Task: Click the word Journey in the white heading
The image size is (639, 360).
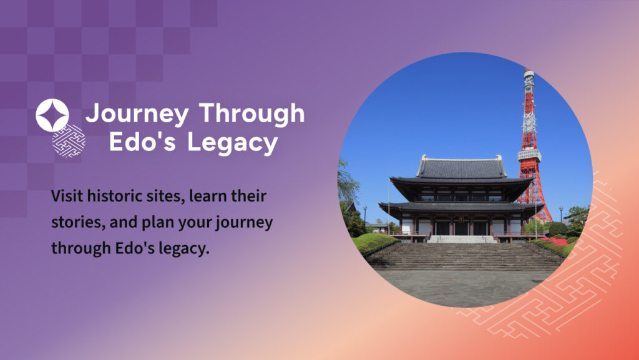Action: (137, 114)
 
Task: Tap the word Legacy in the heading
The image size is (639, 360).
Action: (233, 143)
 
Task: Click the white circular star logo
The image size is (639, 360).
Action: (52, 115)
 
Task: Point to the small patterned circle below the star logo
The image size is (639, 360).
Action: (69, 141)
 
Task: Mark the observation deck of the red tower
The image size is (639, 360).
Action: (529, 155)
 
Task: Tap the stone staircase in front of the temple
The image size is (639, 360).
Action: (464, 256)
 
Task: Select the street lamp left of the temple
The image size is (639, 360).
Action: (364, 219)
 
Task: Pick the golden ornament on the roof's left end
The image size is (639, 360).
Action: (424, 157)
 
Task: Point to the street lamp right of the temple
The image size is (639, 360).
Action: (561, 215)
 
